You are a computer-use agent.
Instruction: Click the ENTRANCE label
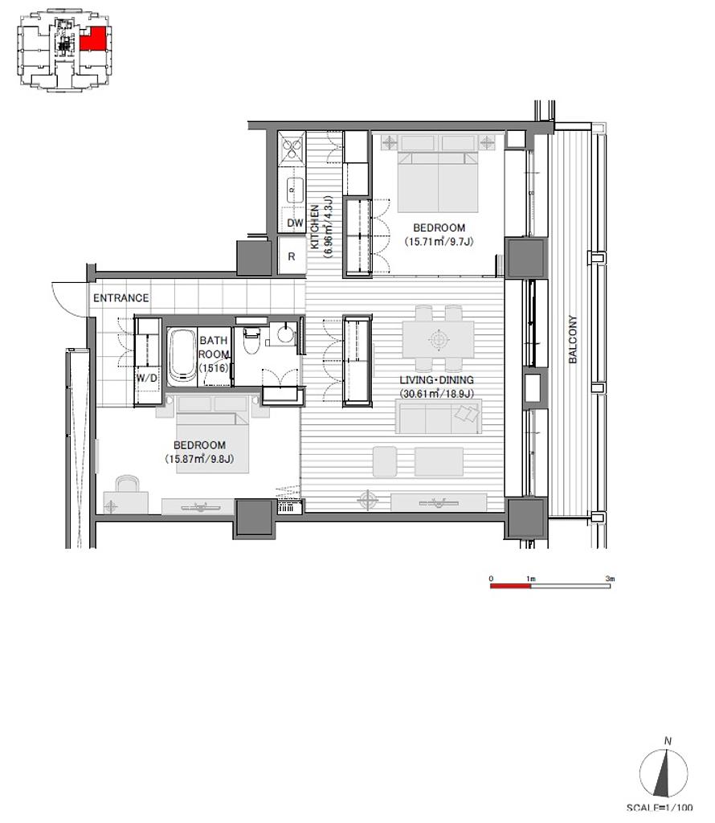coord(121,298)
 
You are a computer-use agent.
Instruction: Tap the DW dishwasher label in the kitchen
coord(296,223)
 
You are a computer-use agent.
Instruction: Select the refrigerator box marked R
coord(292,256)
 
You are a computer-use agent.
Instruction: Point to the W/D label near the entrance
coord(146,378)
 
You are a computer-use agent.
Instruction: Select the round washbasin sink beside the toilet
coord(285,334)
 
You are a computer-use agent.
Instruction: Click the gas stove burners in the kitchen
coord(292,149)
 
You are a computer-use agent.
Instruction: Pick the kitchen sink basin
coord(295,190)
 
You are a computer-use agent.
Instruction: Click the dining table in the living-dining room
coord(439,339)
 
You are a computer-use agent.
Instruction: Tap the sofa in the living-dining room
coord(439,417)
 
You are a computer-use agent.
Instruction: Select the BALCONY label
coord(573,339)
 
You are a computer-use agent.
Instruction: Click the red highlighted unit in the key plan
coord(95,39)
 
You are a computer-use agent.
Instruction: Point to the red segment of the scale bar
coord(510,585)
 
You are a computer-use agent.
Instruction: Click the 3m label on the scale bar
coord(610,579)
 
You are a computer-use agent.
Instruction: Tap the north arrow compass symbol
coord(664,773)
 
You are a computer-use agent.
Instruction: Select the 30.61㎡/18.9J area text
coord(437,394)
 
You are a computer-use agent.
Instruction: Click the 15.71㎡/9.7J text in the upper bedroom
coord(439,241)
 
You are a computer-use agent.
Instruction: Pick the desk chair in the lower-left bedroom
coord(126,483)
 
